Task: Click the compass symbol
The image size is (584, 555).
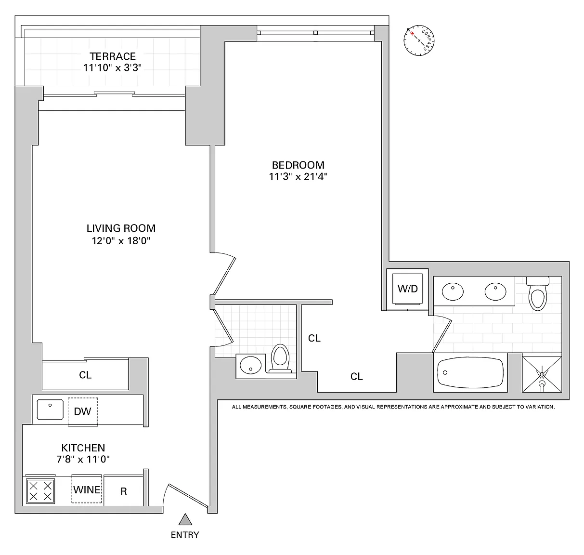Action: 419,40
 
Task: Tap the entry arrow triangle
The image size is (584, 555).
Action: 185,519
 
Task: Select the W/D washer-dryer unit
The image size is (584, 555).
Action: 407,289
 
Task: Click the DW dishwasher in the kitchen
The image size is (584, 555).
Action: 83,411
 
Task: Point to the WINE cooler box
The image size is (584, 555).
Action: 87,489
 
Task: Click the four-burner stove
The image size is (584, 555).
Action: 40,491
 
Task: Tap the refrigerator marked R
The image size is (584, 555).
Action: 124,491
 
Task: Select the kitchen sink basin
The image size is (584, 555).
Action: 50,410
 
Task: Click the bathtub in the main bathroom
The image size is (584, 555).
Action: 470,372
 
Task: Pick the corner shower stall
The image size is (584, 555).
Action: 542,374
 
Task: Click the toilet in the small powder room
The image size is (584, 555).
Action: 280,358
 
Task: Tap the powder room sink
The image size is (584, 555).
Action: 251,365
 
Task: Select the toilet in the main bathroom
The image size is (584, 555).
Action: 538,294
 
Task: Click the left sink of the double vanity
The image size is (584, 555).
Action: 453,291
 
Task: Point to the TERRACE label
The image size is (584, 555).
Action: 113,56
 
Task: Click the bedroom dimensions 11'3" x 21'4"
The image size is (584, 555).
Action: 298,177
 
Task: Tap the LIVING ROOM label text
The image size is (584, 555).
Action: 121,228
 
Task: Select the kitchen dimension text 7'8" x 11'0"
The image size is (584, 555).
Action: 83,459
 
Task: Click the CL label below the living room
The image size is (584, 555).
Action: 85,375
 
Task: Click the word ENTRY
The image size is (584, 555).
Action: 185,535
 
